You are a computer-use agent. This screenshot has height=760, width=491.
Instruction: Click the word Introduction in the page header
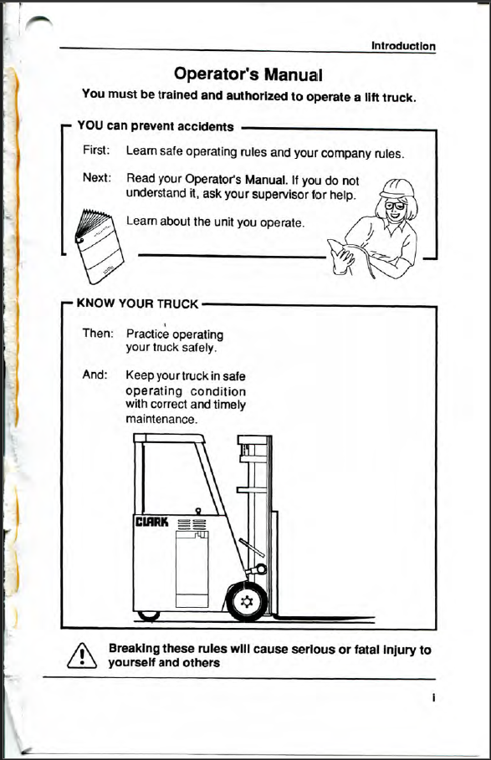(403, 46)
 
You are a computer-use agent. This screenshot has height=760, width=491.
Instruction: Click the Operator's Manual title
(248, 74)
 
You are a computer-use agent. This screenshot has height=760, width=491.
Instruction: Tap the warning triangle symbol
(82, 655)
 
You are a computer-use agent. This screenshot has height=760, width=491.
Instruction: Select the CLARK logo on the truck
(151, 522)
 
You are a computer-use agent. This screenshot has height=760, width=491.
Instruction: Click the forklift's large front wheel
(247, 601)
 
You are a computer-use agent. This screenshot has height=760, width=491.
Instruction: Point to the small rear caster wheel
(148, 615)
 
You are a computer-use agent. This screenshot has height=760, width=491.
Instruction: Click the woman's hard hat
(397, 189)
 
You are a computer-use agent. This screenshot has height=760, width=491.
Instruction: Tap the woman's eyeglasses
(395, 206)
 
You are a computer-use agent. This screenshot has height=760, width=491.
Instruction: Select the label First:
(96, 150)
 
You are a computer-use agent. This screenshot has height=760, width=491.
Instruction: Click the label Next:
(97, 177)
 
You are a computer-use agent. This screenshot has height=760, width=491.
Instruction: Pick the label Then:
(98, 333)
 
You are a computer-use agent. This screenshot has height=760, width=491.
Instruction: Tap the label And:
(95, 375)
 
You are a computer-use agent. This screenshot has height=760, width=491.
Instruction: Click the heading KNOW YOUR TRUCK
(138, 303)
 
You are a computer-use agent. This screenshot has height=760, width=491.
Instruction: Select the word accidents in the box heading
(206, 127)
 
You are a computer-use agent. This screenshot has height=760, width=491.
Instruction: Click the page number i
(433, 698)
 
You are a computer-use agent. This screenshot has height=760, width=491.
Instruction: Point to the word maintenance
(161, 419)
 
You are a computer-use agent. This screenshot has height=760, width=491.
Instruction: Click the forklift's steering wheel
(253, 548)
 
